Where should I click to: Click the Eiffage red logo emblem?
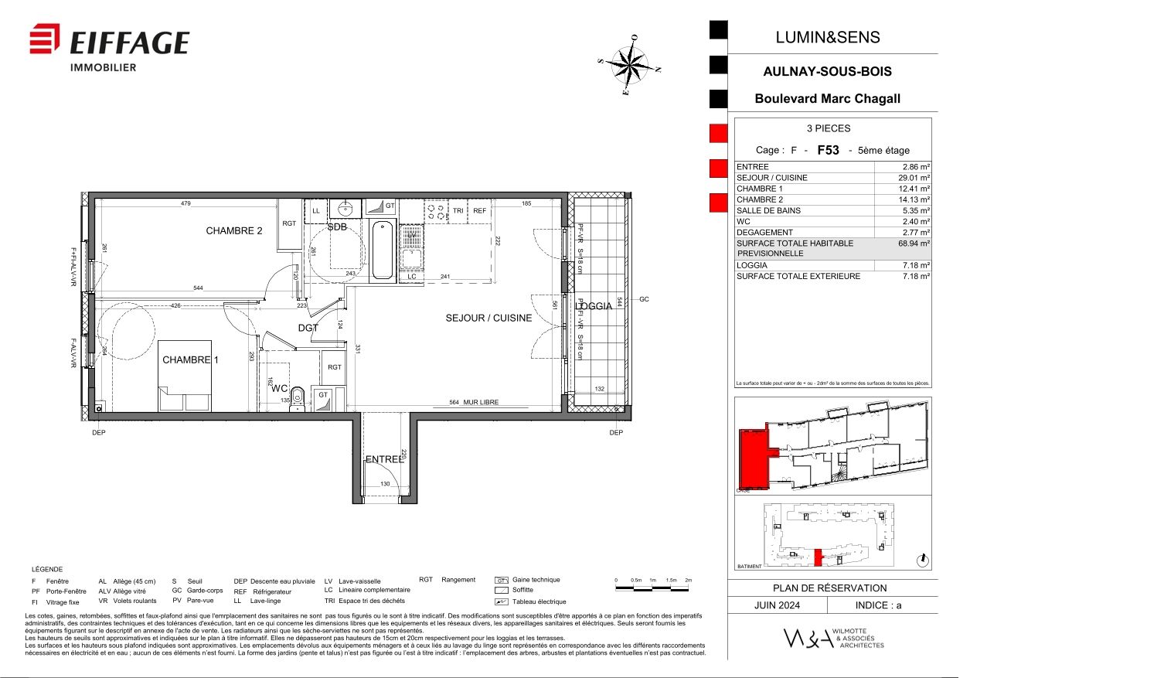(45, 39)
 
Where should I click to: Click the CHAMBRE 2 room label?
(234, 230)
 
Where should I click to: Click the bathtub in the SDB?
(383, 250)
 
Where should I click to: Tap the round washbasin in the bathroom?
(345, 208)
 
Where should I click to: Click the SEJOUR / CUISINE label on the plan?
(488, 318)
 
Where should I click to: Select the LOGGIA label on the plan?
(594, 306)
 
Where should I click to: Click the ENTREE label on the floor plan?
(384, 459)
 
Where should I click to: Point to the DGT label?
(308, 328)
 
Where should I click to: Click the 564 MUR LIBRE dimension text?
(474, 402)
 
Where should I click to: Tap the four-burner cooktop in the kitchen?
(435, 210)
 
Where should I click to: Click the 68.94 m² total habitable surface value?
(914, 244)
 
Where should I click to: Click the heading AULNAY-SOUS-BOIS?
(827, 71)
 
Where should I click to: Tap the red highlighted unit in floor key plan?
(753, 458)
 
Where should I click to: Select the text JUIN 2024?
(777, 605)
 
